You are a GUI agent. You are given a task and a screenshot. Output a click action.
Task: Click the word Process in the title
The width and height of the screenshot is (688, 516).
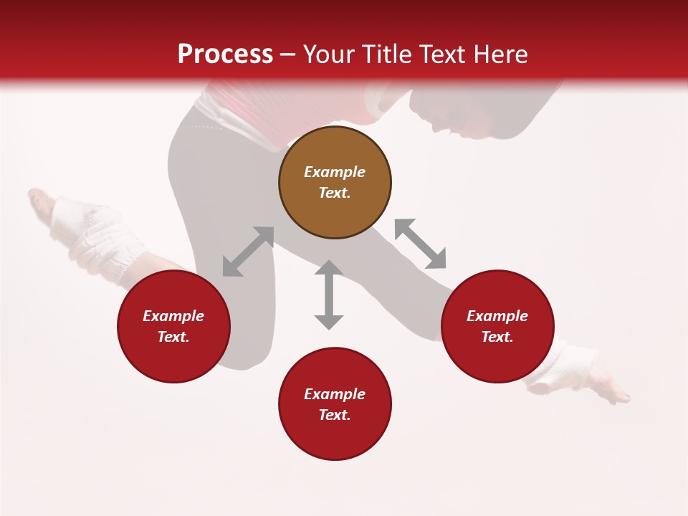(x=225, y=54)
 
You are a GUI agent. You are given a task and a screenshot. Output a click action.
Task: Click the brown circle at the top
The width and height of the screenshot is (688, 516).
(x=335, y=183)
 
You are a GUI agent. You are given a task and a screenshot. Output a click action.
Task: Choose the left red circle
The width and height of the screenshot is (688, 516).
(x=173, y=326)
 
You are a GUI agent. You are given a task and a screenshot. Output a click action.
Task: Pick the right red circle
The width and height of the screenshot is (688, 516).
(x=497, y=326)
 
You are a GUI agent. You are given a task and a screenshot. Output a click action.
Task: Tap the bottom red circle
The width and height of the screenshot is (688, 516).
(x=335, y=404)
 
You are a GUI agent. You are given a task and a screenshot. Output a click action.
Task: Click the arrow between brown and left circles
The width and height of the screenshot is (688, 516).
(x=248, y=252)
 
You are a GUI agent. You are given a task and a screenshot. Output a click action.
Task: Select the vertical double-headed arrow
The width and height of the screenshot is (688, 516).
(x=329, y=295)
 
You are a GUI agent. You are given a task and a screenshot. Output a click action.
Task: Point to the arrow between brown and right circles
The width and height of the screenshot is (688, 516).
(x=420, y=244)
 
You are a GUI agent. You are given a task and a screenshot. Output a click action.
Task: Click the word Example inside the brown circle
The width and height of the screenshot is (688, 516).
(x=335, y=172)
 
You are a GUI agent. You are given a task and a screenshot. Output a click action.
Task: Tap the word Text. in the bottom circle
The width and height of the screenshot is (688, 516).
(x=335, y=415)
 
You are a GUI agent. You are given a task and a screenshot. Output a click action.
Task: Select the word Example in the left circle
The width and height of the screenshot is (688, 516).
(x=173, y=316)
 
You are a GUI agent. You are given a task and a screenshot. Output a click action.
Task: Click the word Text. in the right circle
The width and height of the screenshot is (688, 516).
(x=497, y=337)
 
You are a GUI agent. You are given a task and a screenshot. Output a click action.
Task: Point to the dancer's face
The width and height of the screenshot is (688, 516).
(x=448, y=118)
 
